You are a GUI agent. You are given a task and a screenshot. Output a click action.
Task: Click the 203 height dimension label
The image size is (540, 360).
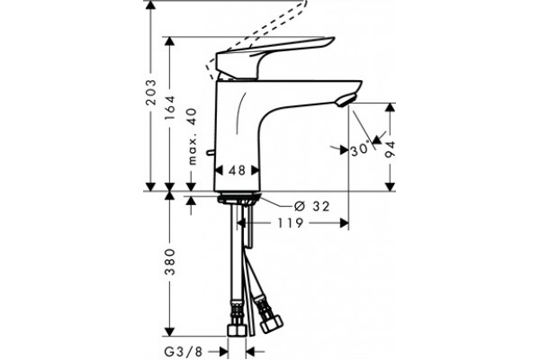(x=151, y=93)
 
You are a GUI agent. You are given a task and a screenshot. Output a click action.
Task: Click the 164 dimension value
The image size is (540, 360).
(x=170, y=108)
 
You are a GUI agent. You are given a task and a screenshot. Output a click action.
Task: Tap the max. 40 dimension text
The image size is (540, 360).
(x=193, y=137)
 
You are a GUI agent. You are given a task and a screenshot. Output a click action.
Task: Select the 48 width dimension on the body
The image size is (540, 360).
(x=238, y=170)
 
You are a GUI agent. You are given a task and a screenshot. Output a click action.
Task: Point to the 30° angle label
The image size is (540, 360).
(x=360, y=150)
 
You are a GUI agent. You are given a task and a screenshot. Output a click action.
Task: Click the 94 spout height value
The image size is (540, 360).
(x=391, y=149)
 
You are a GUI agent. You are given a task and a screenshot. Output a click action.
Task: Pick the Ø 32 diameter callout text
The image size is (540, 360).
(x=312, y=206)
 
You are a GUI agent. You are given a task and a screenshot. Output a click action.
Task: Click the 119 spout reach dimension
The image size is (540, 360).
(x=291, y=223)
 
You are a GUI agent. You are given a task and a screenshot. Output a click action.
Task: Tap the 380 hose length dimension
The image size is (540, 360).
(x=170, y=262)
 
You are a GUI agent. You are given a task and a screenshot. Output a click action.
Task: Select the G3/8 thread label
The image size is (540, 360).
(x=184, y=352)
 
